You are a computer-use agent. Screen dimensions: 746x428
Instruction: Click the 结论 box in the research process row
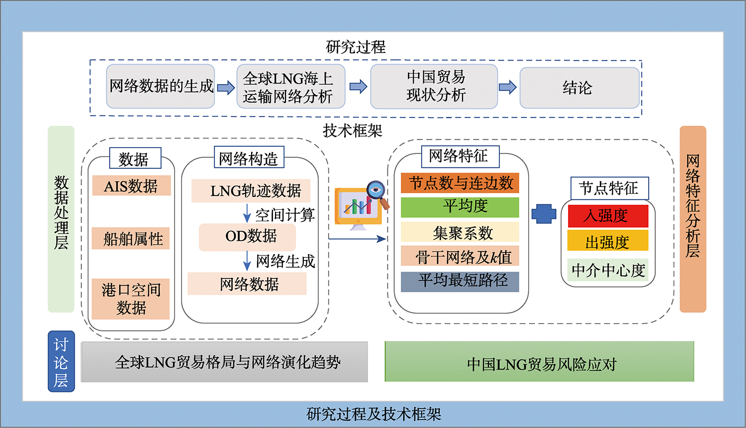coord(579,88)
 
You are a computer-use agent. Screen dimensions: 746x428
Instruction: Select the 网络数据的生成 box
coord(161,86)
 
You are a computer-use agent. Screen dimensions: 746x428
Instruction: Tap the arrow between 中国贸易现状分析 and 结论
coord(508,87)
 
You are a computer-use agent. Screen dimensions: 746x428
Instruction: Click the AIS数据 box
coord(132,185)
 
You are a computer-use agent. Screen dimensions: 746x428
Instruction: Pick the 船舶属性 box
coord(131,238)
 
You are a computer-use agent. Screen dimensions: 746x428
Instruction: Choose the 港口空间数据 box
coord(131,299)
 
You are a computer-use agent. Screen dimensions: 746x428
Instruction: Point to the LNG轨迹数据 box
coord(251,191)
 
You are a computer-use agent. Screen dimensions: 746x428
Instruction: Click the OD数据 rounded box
coord(248,237)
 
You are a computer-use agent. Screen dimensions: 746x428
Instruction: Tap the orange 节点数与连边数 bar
coord(460,183)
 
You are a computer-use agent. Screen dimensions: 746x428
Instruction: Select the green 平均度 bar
coord(460,207)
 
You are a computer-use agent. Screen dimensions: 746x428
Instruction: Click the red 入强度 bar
coord(608,216)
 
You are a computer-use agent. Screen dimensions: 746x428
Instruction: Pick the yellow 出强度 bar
coord(608,240)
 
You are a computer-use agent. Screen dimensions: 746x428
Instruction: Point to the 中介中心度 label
coord(608,270)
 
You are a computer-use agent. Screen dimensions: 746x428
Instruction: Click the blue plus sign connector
coord(544,214)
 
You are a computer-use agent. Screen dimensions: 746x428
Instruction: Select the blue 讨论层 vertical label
coord(61,361)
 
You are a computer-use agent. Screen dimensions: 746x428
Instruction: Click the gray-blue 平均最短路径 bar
coord(460,281)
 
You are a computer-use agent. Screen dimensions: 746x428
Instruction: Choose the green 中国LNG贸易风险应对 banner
coord(540,361)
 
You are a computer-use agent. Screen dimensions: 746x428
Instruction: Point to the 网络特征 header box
coord(460,157)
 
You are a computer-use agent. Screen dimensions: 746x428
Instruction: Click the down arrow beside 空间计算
coord(247,213)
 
